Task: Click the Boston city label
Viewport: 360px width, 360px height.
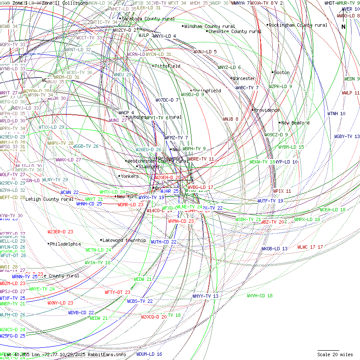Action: pos(282,72)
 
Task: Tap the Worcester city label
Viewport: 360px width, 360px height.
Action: pos(244,78)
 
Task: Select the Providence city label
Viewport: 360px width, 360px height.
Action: pos(267,110)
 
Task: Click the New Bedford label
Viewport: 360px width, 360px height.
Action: pos(295,123)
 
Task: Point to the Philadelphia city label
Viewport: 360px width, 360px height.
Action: pos(65,244)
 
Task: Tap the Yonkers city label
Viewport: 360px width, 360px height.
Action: pos(130,176)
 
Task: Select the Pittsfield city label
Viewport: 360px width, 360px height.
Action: pos(167,66)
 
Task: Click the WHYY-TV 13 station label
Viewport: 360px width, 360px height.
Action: pos(205,296)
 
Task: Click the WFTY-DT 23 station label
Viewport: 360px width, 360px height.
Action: pos(117,292)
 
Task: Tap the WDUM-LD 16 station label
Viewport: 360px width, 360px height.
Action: pos(149,354)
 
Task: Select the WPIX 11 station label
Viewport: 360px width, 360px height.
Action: pos(282,191)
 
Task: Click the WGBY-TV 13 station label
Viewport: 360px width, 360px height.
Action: pos(347,136)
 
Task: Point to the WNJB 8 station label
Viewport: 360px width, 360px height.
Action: pos(231,119)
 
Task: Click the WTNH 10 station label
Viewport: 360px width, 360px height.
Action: pos(336,114)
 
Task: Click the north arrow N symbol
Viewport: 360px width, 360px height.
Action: pos(343,27)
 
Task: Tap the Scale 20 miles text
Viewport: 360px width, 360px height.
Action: pos(335,354)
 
